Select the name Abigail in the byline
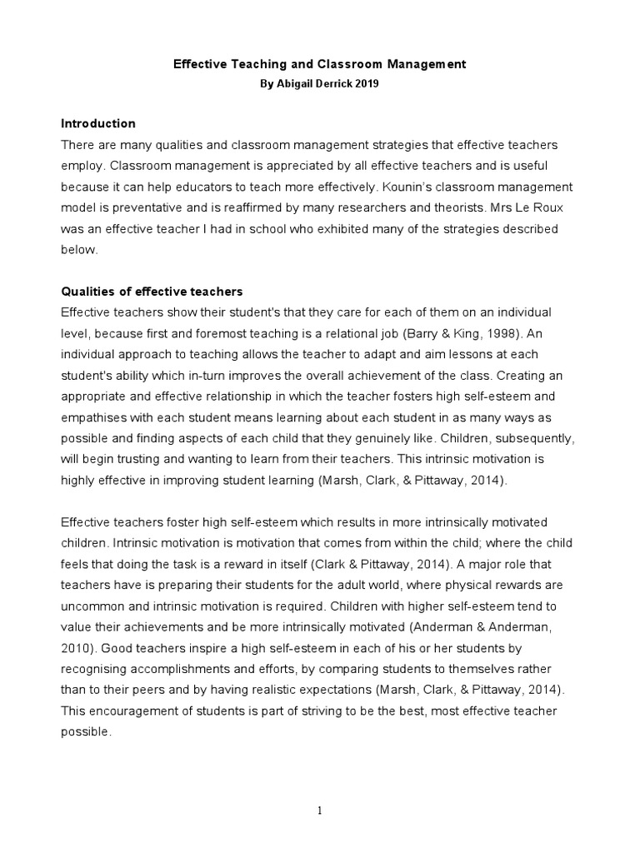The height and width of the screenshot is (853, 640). (292, 84)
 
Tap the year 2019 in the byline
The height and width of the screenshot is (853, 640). (365, 84)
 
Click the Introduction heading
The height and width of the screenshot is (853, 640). (98, 123)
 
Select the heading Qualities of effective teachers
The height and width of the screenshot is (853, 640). (152, 292)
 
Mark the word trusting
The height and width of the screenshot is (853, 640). (138, 459)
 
